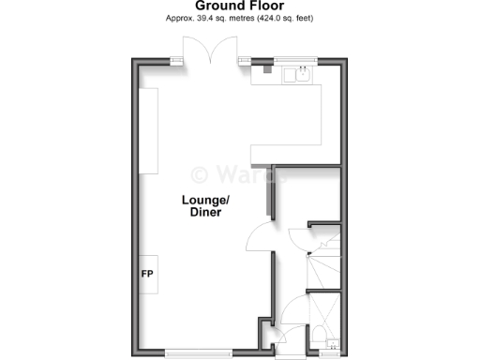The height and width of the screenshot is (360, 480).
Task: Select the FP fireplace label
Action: click(147, 275)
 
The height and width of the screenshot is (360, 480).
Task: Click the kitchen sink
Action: click(301, 74)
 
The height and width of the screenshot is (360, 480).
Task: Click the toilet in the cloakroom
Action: click(320, 335)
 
